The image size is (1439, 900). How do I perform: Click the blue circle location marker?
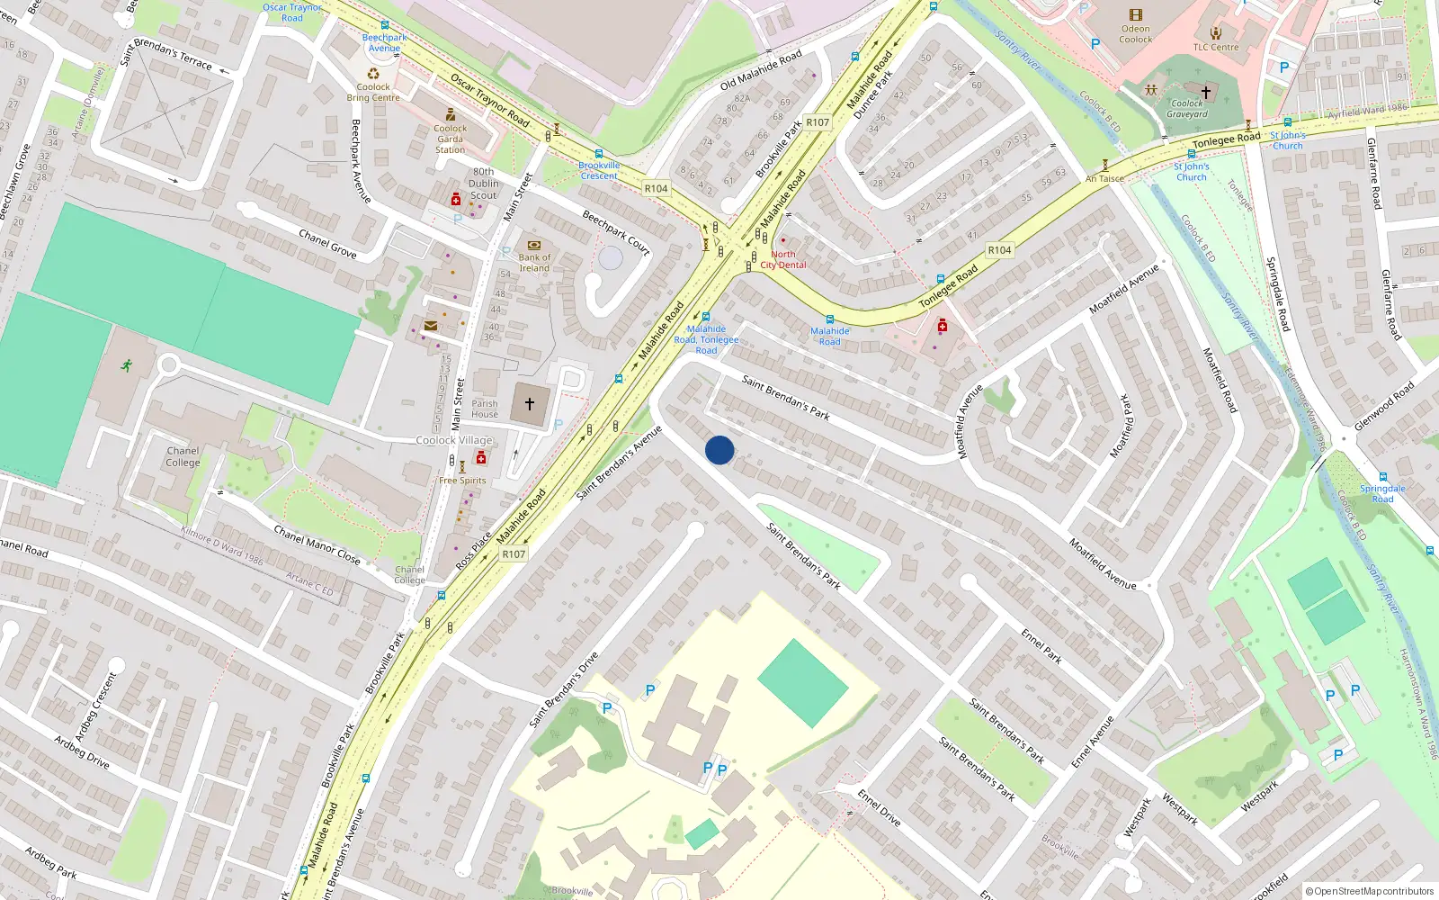pyautogui.click(x=719, y=450)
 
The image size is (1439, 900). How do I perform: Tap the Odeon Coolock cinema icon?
pyautogui.click(x=1136, y=15)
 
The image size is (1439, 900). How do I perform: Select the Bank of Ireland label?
pyautogui.click(x=534, y=263)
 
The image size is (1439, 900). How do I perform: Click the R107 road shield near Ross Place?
pyautogui.click(x=514, y=554)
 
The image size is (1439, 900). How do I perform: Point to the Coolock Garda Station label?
pyautogui.click(x=450, y=139)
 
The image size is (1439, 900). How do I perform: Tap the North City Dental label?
pyautogui.click(x=783, y=260)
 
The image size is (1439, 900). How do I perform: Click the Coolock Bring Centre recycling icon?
pyautogui.click(x=373, y=74)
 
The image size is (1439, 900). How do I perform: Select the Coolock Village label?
pyautogui.click(x=454, y=441)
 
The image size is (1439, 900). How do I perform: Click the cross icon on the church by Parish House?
pyautogui.click(x=530, y=404)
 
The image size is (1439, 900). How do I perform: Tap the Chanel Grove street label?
pyautogui.click(x=327, y=244)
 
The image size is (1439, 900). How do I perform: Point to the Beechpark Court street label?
pyautogui.click(x=616, y=232)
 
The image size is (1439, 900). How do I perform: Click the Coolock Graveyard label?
pyautogui.click(x=1187, y=109)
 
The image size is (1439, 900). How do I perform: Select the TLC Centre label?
pyautogui.click(x=1216, y=48)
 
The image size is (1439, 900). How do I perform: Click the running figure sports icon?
pyautogui.click(x=127, y=365)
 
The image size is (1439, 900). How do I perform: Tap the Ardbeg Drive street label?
pyautogui.click(x=82, y=752)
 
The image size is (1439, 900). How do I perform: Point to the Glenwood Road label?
pyautogui.click(x=1384, y=405)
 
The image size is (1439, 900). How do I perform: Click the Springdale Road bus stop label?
pyautogui.click(x=1382, y=494)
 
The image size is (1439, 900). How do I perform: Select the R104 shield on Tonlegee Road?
pyautogui.click(x=999, y=250)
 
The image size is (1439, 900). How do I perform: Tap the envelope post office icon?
pyautogui.click(x=431, y=326)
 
